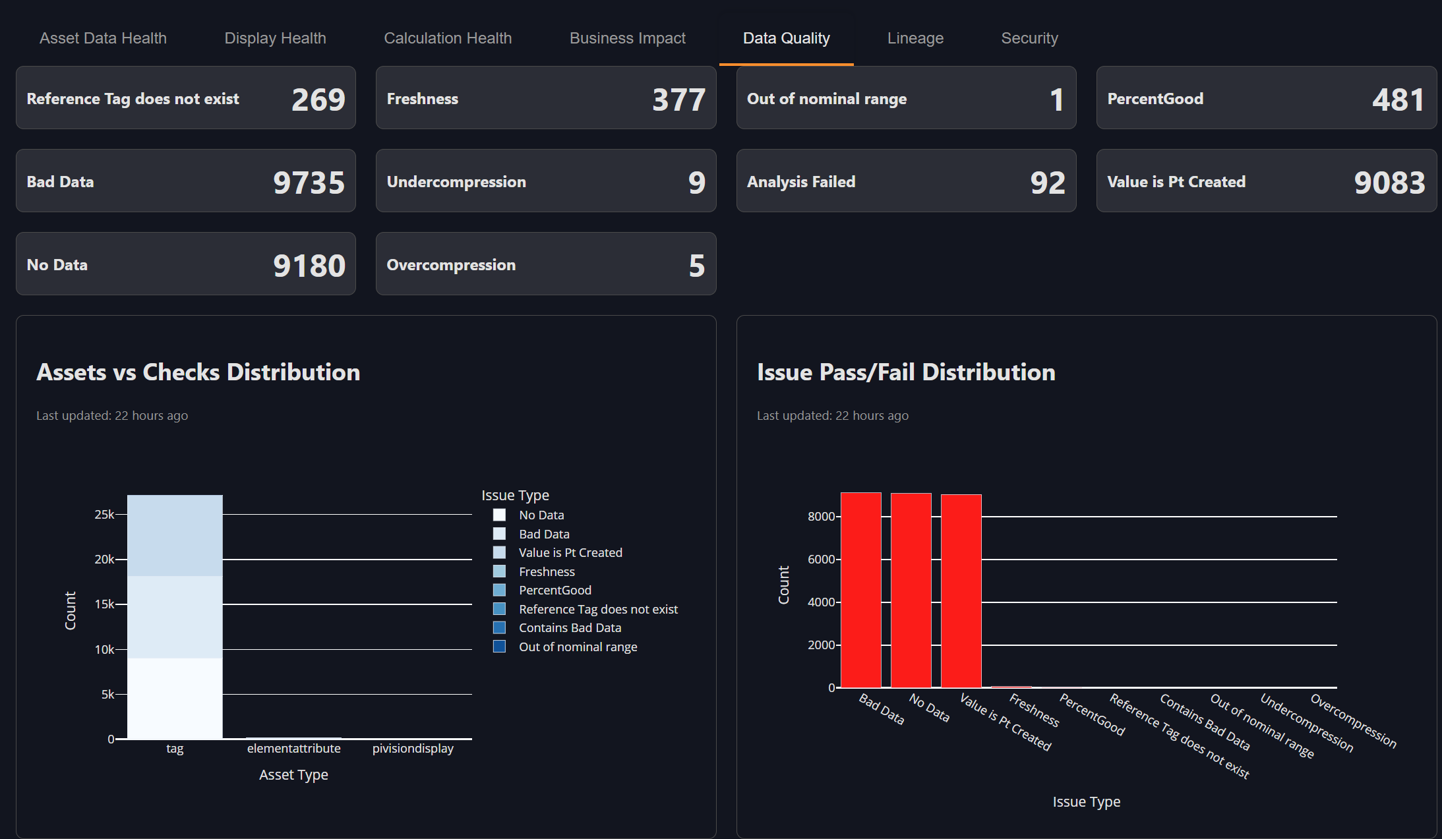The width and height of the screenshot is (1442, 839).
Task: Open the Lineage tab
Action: (915, 38)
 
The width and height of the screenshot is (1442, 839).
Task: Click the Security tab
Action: (1029, 38)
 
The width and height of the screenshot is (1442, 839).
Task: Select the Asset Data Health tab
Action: (103, 38)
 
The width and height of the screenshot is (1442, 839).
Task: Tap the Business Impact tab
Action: (627, 38)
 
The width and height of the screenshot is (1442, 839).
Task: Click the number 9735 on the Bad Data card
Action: (309, 183)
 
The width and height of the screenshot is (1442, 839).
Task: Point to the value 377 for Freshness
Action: (678, 100)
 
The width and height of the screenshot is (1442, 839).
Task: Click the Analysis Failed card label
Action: (800, 182)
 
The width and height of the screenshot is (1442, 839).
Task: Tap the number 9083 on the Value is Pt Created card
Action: (1389, 183)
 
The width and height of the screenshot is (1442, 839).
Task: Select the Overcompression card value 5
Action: (696, 266)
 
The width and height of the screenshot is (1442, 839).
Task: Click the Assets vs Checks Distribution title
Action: (198, 372)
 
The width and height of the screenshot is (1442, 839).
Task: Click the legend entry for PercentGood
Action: (555, 590)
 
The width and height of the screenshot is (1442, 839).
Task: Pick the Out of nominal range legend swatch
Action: (499, 647)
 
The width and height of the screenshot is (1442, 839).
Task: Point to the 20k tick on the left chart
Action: (104, 559)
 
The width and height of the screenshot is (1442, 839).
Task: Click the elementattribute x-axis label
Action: (293, 748)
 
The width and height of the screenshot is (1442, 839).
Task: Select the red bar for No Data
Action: (911, 593)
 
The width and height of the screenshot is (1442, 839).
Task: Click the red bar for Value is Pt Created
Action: (961, 593)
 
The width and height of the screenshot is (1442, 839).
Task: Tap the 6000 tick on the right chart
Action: (821, 559)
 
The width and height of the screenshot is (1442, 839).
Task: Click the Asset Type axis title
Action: (293, 775)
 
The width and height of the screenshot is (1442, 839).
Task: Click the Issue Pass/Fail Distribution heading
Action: (905, 372)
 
